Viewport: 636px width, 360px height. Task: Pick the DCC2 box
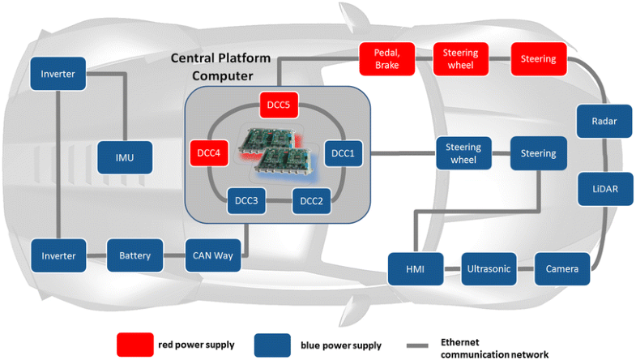[312, 200]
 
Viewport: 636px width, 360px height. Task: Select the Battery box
[134, 255]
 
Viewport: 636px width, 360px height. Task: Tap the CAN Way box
[212, 255]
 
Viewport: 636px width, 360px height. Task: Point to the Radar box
[600, 121]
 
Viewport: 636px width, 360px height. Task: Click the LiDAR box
[600, 187]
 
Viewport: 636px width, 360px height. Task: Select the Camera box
[562, 268]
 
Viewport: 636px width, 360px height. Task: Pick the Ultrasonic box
[489, 268]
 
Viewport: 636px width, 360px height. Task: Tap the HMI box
[414, 268]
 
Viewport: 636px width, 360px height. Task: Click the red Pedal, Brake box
[386, 59]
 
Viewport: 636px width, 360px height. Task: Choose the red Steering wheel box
[460, 59]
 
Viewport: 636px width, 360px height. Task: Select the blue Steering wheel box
[463, 153]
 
